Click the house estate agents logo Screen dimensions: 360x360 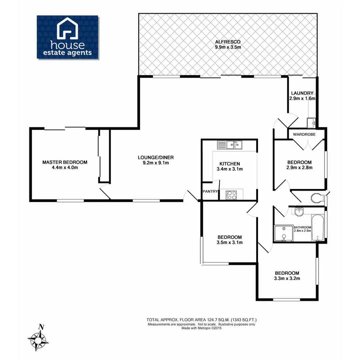point(67,37)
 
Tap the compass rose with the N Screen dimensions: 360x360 point(38,340)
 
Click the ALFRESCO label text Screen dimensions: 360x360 point(228,42)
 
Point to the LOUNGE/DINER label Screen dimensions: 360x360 point(156,158)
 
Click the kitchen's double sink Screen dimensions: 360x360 point(230,145)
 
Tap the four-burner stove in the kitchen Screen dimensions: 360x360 point(231,195)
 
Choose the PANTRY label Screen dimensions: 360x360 point(210,191)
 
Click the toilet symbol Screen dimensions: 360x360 point(317,198)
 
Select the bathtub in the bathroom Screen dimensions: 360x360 point(317,228)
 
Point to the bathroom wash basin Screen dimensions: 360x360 point(299,211)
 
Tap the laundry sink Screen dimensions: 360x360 point(311,123)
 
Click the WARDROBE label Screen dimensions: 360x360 point(304,134)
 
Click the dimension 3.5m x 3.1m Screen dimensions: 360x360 point(229,242)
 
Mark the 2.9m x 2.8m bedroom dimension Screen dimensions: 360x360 point(299,168)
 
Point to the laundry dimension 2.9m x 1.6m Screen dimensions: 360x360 point(302,99)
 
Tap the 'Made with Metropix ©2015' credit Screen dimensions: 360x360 point(202,328)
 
